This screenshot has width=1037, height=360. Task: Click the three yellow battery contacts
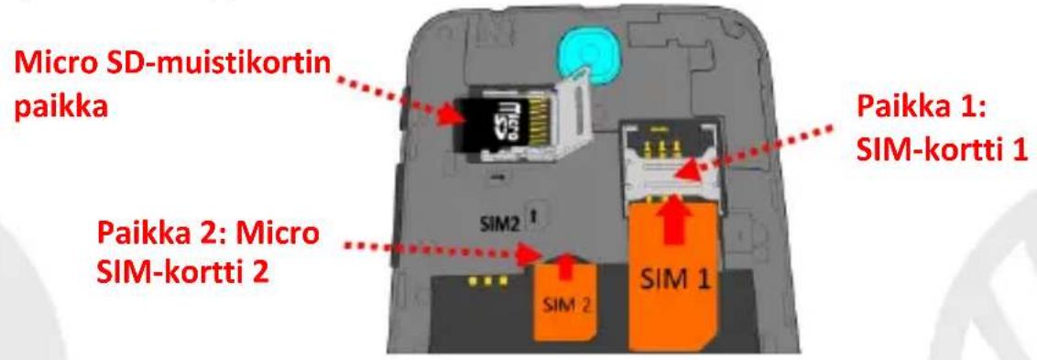[x=487, y=280]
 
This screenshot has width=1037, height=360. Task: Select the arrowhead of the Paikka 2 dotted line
[x=530, y=252]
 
